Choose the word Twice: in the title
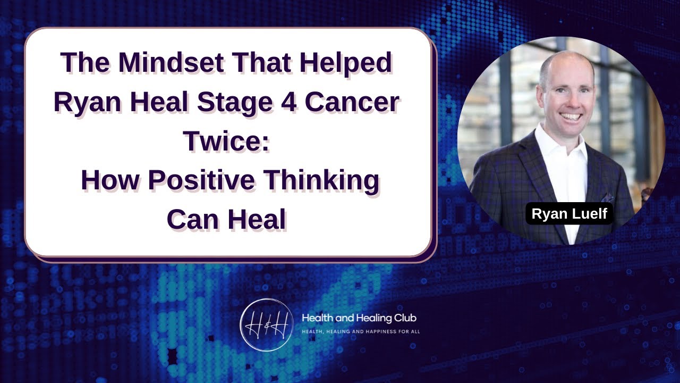[227, 142]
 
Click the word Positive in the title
[204, 181]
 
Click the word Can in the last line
[191, 220]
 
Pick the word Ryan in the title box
[86, 103]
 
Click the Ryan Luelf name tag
[569, 214]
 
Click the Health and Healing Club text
[359, 318]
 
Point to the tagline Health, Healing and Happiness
[361, 331]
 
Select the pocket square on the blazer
[609, 197]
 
